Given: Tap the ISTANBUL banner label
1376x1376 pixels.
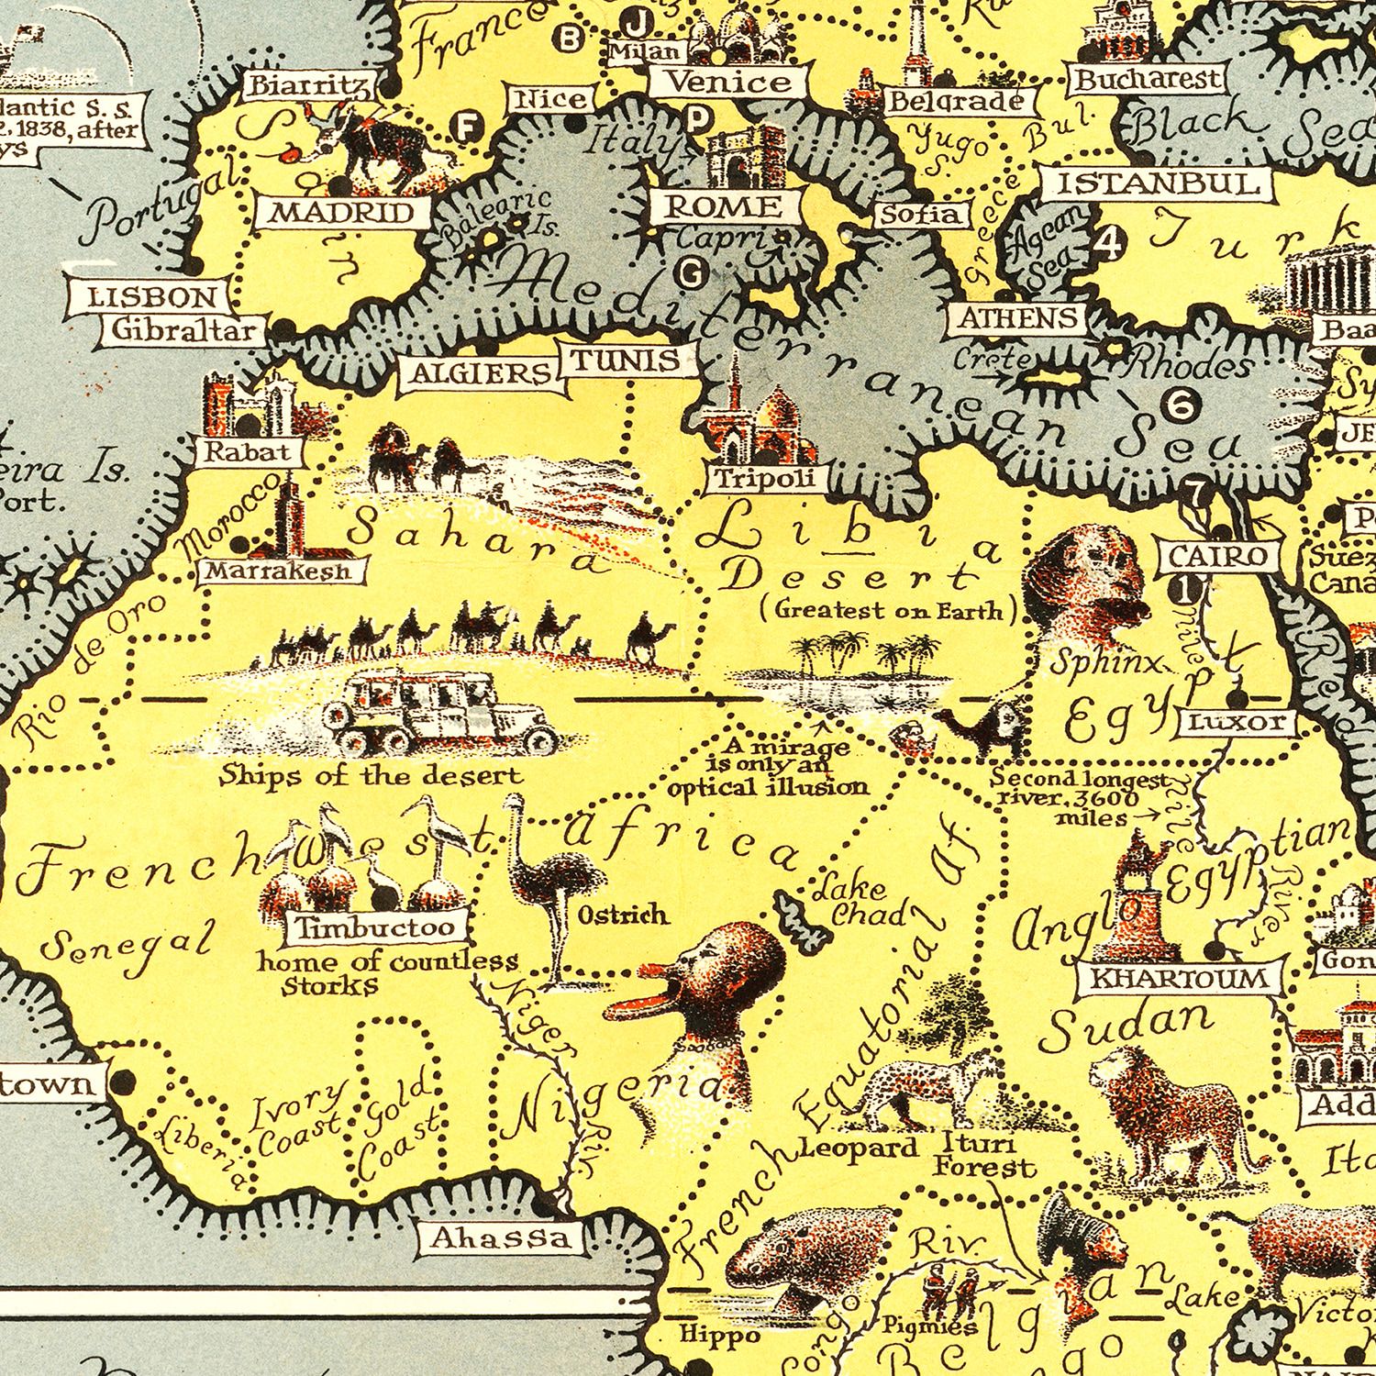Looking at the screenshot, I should (x=1158, y=184).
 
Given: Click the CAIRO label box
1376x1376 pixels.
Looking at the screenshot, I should (x=1216, y=556).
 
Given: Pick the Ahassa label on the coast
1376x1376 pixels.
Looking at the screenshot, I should (x=501, y=1238).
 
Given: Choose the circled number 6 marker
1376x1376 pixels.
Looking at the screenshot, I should (x=1181, y=404).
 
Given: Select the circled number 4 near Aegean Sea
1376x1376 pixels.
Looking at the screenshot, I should (x=1109, y=243).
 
